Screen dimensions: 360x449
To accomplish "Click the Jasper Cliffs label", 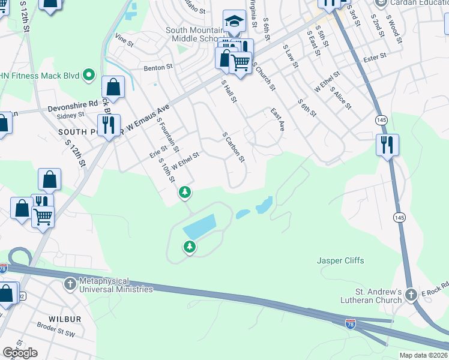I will pyautogui.click(x=340, y=260).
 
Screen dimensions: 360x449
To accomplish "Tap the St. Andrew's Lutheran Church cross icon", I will pyautogui.click(x=411, y=295).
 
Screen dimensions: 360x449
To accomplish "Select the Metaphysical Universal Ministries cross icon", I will pyautogui.click(x=70, y=283).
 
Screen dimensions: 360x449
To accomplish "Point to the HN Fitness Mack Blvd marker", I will pyautogui.click(x=89, y=75).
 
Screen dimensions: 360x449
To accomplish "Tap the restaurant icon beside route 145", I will pyautogui.click(x=387, y=145).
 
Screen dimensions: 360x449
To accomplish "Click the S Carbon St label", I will pyautogui.click(x=234, y=148).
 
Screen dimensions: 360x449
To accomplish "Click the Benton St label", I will pyautogui.click(x=158, y=68).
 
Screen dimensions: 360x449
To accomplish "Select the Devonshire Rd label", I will pyautogui.click(x=72, y=103).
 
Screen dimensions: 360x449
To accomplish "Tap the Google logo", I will pyautogui.click(x=20, y=353).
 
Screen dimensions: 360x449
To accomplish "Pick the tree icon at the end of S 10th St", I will pyautogui.click(x=185, y=193).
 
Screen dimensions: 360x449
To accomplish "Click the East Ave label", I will pyautogui.click(x=277, y=120).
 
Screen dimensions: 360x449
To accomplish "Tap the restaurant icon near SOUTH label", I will pyautogui.click(x=109, y=125).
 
